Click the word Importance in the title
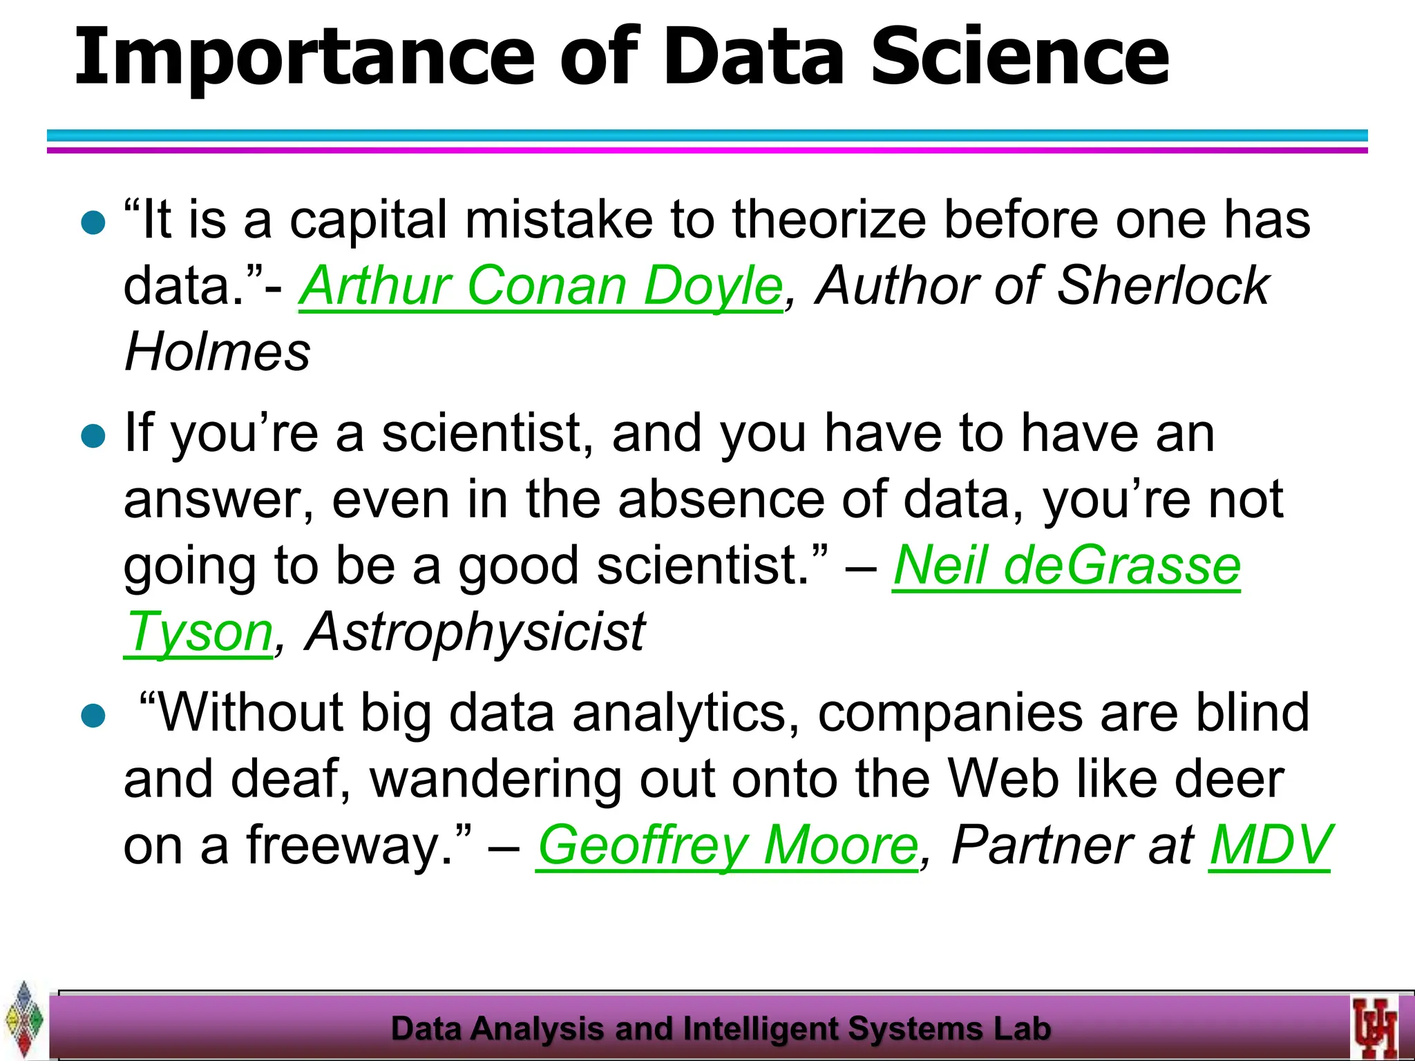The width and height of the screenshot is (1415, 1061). pos(304,59)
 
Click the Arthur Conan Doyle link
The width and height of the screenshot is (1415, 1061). pos(541,286)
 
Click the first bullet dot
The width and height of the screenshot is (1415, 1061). pos(93,222)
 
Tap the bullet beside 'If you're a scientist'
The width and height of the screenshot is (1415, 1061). pos(93,436)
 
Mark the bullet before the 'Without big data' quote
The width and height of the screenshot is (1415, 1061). pos(93,716)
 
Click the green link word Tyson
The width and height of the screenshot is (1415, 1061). pos(199,633)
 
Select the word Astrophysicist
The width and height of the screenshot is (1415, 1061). pos(475,633)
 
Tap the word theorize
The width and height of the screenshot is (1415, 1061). pos(829,220)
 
